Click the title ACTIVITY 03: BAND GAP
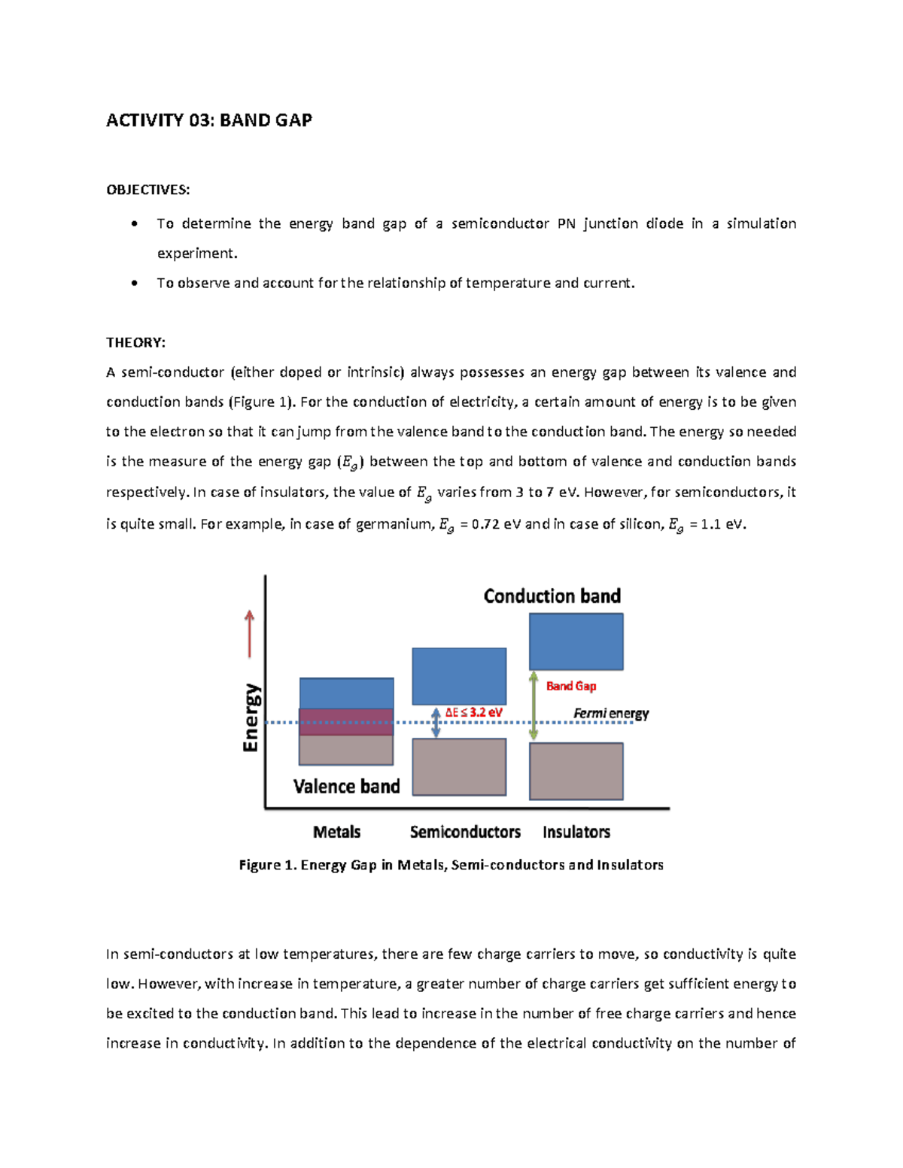pos(208,120)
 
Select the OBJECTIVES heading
pos(147,190)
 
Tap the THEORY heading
pos(135,343)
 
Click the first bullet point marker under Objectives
pos(134,223)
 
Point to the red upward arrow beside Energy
pos(249,634)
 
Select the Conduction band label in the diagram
pos(552,596)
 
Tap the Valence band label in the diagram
pos(346,787)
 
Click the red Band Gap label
pos(570,686)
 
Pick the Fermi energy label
pos(610,713)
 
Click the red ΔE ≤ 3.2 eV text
pos(473,712)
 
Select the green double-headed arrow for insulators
pos(533,705)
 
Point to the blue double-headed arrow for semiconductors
pos(436,723)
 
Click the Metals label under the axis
pos(336,832)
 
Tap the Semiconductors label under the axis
pos(465,832)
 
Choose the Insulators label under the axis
pos(576,832)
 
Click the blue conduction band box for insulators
pos(576,642)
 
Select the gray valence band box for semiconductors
pos(459,766)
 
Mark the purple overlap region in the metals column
pos(346,721)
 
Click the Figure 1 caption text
pos(451,865)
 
